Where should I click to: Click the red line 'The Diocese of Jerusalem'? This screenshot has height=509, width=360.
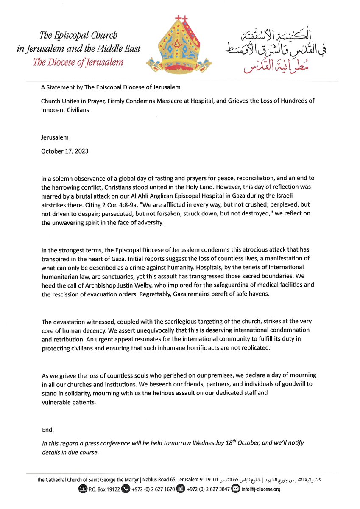coord(78,62)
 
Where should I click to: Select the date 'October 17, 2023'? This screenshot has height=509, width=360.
coord(64,151)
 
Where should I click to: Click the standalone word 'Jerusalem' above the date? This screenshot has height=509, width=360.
coord(55,138)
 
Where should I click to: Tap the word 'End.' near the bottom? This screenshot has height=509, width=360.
coord(48,430)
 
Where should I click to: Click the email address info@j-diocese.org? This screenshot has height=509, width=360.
coord(260,489)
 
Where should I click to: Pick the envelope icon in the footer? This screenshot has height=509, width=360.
coord(235,489)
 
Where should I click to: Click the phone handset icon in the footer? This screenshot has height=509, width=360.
coord(126,489)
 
